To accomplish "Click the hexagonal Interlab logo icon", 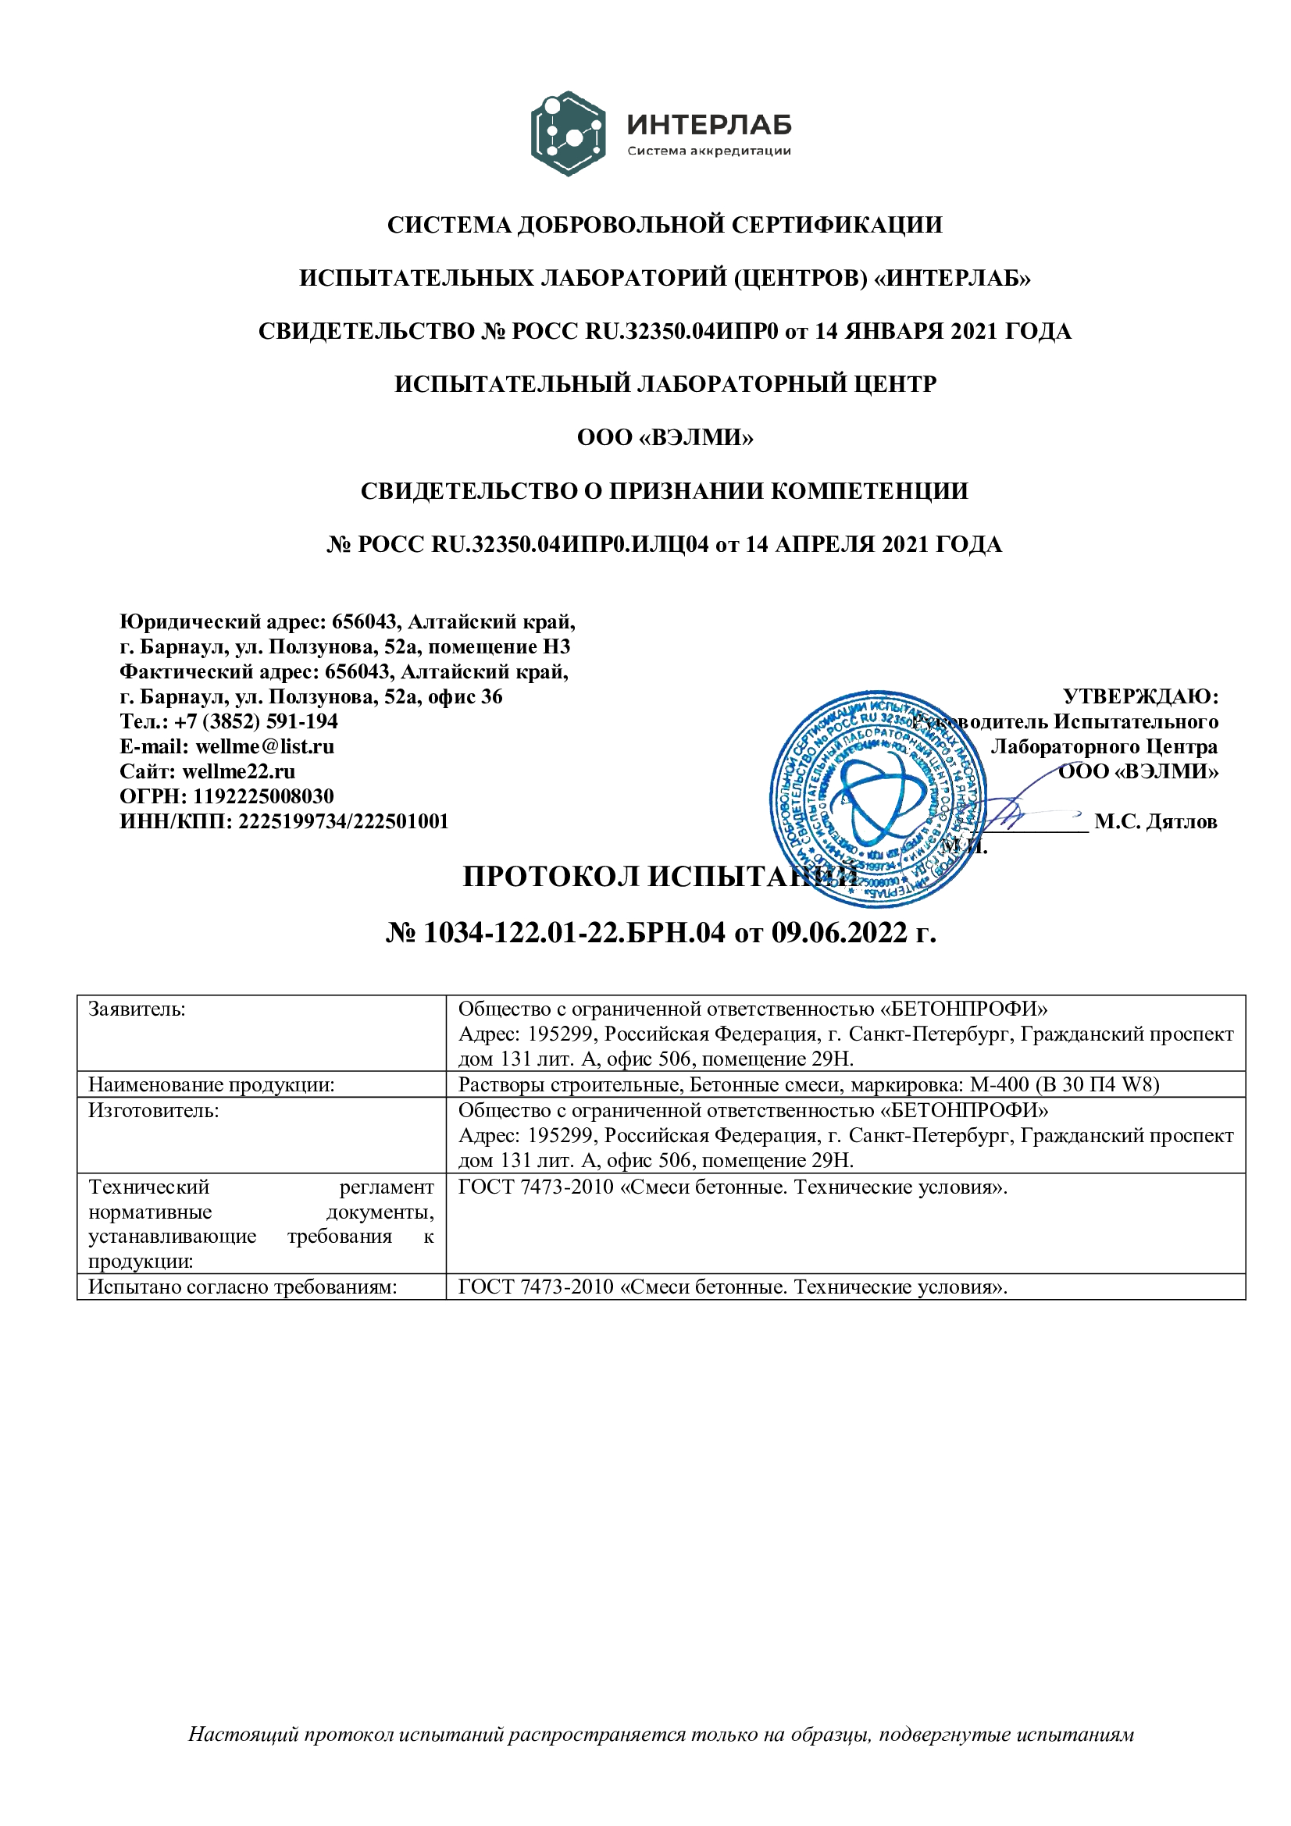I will pos(567,133).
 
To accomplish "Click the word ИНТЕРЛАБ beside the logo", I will pos(708,124).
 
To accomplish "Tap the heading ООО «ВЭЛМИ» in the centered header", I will pos(665,437).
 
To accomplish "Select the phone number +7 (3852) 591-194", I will pos(256,721).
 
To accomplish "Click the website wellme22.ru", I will pos(239,771).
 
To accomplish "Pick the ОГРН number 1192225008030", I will pos(263,796).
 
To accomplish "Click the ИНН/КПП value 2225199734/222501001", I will pos(344,820).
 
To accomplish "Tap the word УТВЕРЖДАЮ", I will pos(1139,696).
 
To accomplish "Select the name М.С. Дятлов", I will pos(1155,821).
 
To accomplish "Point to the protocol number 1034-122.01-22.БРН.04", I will pos(574,932).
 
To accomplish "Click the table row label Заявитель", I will pos(137,1009).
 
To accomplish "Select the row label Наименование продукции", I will pos(212,1085).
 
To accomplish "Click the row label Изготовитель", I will pos(154,1110).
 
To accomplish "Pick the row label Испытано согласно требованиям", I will pos(243,1287).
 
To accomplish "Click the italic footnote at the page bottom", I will pos(661,1757).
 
